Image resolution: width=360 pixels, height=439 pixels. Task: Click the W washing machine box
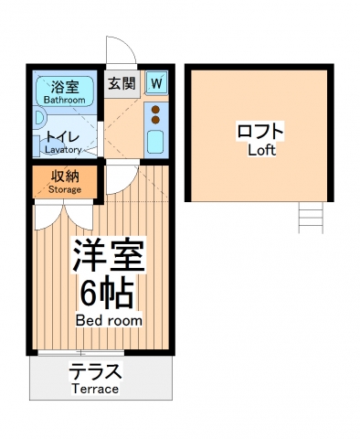point(156,83)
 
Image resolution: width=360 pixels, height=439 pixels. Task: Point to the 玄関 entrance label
point(122,84)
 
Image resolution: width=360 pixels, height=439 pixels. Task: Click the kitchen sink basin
point(155,142)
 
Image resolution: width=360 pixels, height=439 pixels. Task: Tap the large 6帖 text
point(106,293)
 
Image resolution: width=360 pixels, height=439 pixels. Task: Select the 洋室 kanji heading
point(107,255)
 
